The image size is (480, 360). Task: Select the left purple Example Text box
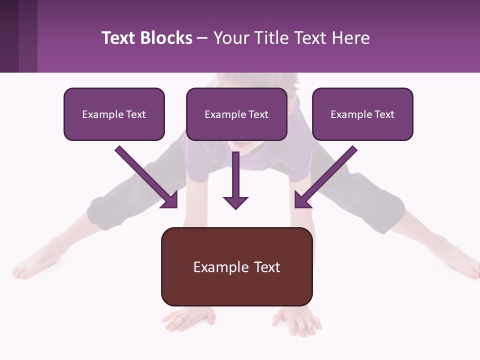point(114,114)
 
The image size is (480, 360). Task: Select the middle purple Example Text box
point(236,114)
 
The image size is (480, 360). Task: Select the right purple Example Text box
point(362,114)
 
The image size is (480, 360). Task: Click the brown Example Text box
point(236,266)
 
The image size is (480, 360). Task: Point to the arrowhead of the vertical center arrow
point(235,202)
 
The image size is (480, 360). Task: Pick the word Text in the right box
point(383,114)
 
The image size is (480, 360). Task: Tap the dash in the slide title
point(202,38)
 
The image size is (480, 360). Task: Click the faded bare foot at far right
point(467,267)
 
